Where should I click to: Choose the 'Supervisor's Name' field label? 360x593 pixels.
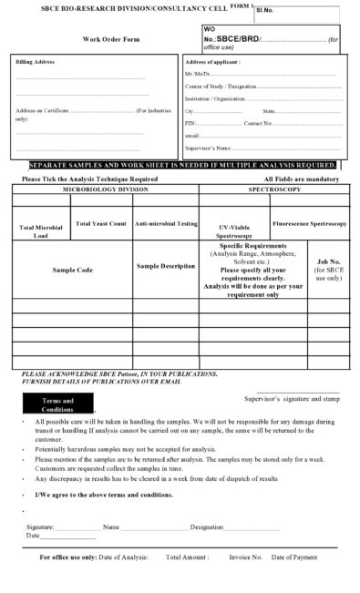[x=208, y=147]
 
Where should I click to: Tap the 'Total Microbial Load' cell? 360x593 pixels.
[x=41, y=230]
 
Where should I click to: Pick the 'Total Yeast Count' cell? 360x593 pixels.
[x=101, y=223]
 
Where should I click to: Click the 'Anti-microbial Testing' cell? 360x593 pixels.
[x=164, y=223]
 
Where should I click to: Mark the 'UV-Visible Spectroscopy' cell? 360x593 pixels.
[x=234, y=230]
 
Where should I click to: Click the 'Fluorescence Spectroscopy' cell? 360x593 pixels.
[x=309, y=223]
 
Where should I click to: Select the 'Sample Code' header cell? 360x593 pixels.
[x=73, y=271]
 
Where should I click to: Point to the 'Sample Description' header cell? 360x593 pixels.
[x=165, y=266]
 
